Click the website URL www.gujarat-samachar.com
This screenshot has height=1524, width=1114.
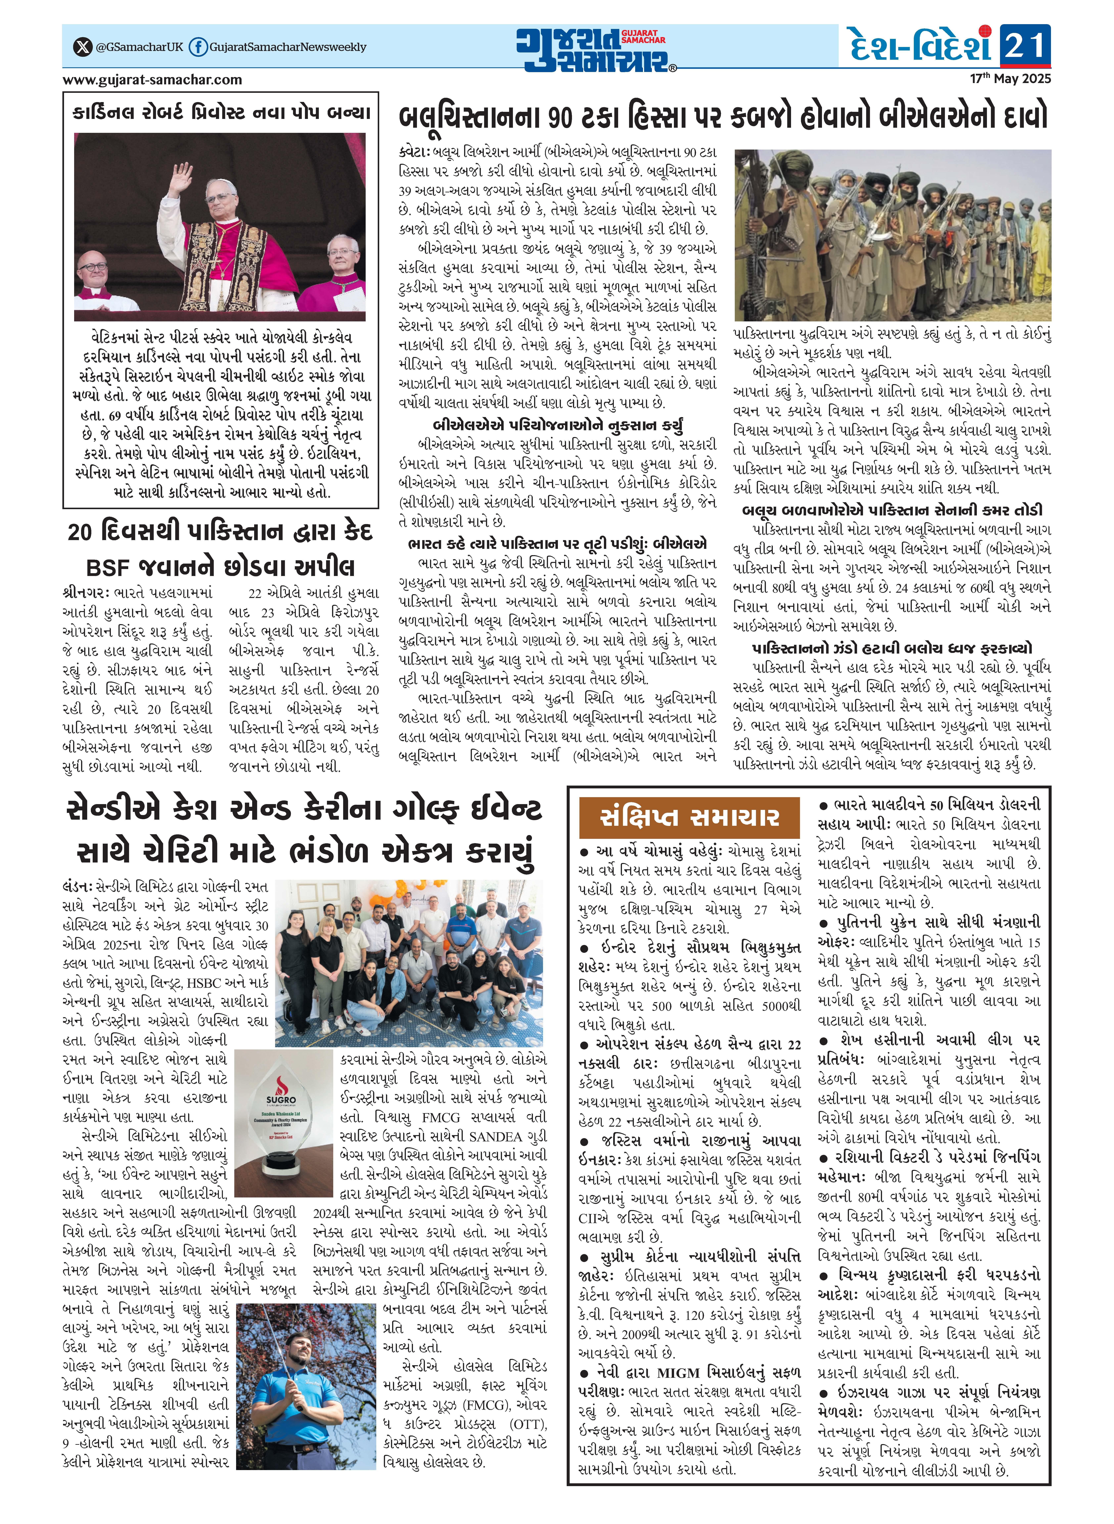(x=152, y=80)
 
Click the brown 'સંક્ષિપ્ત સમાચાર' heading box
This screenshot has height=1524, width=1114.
(x=689, y=818)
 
